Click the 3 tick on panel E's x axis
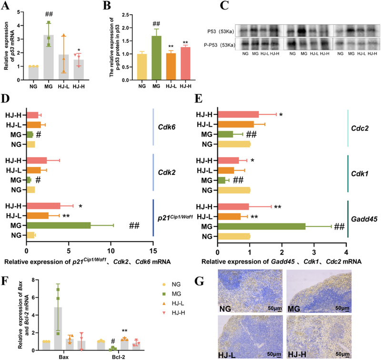click(x=314, y=249)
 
